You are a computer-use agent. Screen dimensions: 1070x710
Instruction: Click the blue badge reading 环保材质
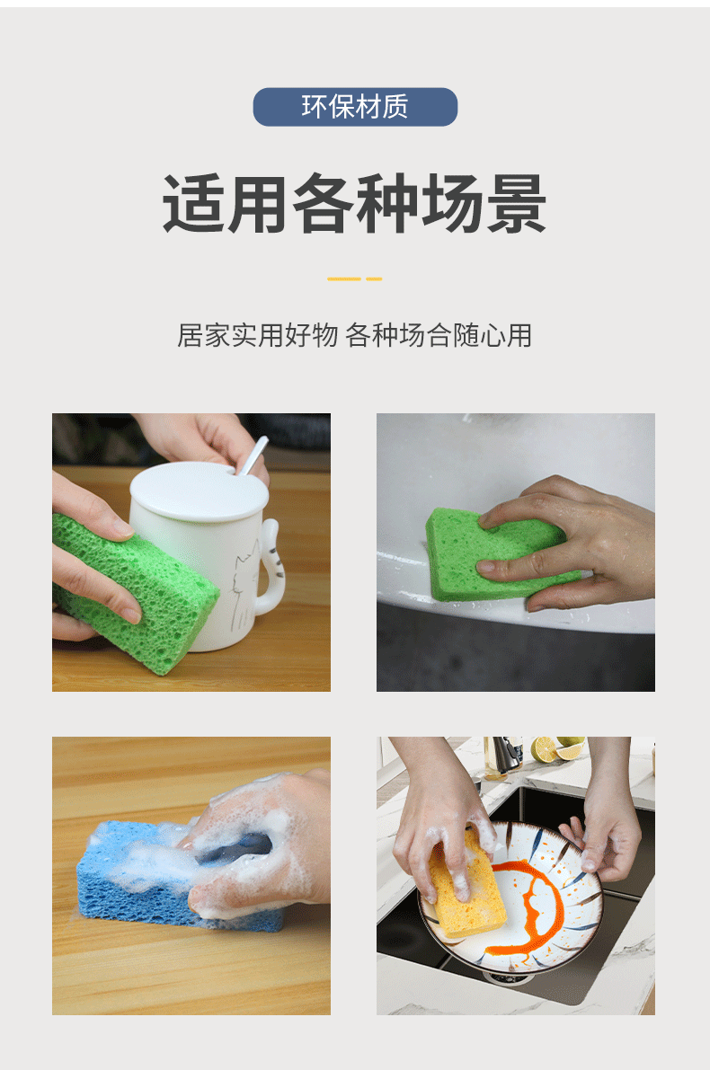tap(355, 107)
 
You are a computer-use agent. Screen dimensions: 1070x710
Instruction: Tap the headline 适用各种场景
tap(354, 204)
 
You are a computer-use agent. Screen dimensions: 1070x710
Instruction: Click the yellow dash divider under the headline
tap(354, 279)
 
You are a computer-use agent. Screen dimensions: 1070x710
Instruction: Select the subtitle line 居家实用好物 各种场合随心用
tap(354, 335)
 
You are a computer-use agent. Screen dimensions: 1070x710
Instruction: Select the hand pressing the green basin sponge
tap(575, 539)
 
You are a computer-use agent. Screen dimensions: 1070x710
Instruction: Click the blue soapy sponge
tap(135, 876)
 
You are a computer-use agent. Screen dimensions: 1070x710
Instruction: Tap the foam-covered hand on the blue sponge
tap(261, 840)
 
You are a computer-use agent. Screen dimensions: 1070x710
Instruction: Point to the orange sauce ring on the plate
tap(530, 898)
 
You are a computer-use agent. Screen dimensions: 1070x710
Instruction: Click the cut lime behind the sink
tap(546, 751)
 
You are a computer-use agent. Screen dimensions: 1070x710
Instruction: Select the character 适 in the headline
tap(193, 204)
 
